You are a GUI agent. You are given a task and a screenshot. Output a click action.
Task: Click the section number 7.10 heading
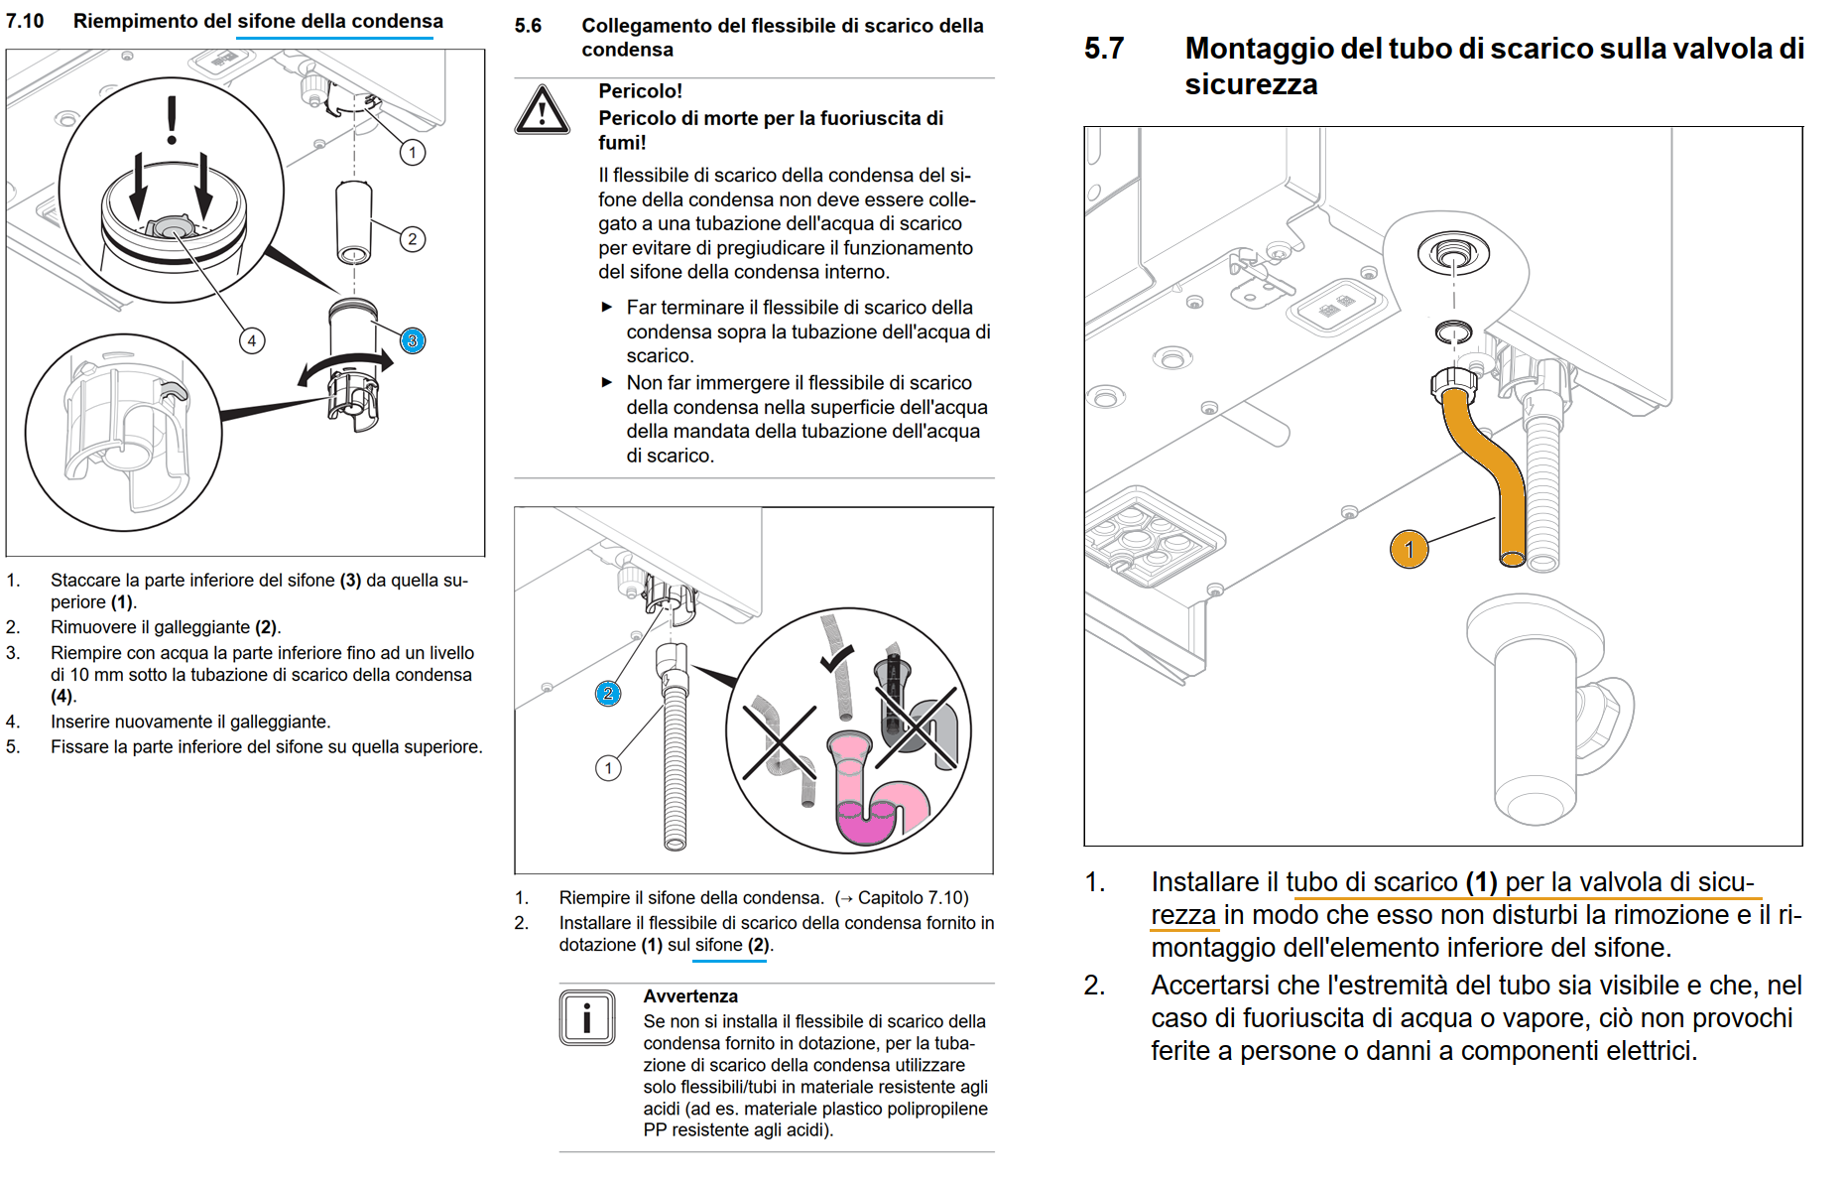(25, 21)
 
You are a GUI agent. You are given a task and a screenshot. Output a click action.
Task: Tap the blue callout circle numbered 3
(413, 340)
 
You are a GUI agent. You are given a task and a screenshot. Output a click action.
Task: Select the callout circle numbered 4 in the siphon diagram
(252, 340)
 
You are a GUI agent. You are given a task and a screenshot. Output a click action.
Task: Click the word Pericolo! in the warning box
(640, 91)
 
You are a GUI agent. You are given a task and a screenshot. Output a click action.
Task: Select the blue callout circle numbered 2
(608, 694)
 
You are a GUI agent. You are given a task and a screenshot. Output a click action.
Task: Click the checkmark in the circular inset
(836, 658)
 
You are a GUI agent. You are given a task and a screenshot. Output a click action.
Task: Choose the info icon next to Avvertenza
(586, 1017)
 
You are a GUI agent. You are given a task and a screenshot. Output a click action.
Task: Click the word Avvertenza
(690, 996)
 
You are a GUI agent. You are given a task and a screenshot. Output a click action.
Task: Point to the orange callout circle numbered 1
(1409, 549)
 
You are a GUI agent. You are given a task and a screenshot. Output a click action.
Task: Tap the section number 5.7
(1103, 49)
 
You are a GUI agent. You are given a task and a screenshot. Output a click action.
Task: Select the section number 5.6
(528, 26)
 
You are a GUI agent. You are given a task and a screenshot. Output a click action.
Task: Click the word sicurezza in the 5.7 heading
(1250, 85)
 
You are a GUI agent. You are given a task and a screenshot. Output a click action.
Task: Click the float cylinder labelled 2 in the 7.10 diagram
(354, 220)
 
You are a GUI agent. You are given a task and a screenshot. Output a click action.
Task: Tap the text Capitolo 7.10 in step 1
(912, 898)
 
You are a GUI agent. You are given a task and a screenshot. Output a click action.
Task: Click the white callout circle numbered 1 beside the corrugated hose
(608, 767)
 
